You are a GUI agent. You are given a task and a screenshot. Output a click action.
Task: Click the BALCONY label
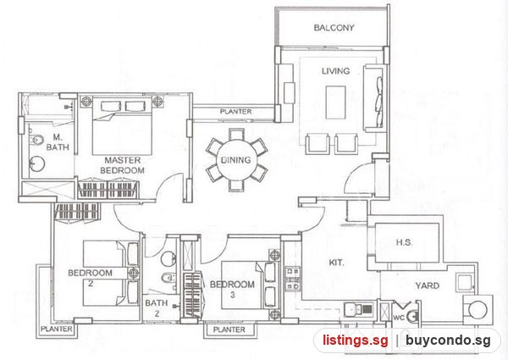click(334, 28)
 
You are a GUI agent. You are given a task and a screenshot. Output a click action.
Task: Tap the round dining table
click(236, 159)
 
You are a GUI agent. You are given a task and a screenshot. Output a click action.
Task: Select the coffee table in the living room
click(335, 102)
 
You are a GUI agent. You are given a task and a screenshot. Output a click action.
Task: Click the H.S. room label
click(404, 242)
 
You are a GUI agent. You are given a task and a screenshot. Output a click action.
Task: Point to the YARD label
click(428, 285)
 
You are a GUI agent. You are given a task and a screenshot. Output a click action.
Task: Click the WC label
click(399, 318)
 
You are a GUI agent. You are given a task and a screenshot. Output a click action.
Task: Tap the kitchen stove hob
click(293, 279)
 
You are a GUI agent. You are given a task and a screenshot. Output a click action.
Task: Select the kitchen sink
click(358, 309)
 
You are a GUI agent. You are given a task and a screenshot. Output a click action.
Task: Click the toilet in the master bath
click(36, 140)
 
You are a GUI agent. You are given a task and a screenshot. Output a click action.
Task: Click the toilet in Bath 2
click(168, 277)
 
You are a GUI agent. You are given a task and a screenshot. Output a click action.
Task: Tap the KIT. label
click(336, 263)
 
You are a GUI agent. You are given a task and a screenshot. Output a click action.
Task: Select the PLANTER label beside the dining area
click(235, 112)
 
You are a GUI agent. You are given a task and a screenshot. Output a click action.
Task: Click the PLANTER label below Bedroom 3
click(229, 330)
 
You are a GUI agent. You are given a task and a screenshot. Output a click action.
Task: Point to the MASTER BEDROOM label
click(122, 165)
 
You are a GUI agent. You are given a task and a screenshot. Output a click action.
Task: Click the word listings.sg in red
click(355, 341)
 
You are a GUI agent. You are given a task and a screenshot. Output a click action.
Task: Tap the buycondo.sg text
click(448, 341)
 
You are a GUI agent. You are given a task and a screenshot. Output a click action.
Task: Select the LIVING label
click(335, 71)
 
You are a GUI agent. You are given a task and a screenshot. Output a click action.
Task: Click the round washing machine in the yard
click(478, 310)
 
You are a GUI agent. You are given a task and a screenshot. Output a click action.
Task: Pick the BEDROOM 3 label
click(232, 289)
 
